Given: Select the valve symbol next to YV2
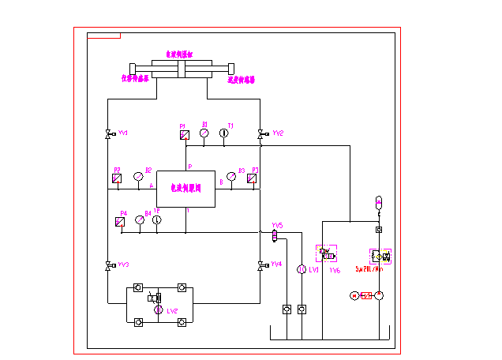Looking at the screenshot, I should [260, 134].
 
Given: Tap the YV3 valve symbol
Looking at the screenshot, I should [108, 265].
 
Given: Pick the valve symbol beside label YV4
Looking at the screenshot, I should [260, 265].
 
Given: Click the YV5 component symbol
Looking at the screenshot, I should [275, 234].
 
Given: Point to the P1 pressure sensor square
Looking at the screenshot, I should [184, 135].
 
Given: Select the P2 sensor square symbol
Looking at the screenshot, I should [118, 178].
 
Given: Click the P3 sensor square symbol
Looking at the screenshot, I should [252, 178].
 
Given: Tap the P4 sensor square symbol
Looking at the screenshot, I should [121, 221].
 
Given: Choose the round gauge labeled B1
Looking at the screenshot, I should [204, 134].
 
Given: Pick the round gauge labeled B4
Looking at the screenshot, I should [140, 220].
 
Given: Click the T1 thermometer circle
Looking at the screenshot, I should [223, 134].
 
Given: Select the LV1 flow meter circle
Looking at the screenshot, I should [301, 270].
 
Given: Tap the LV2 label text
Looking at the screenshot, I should [172, 311].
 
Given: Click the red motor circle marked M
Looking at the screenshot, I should [355, 295].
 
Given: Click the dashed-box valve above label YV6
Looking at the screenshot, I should [327, 255].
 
